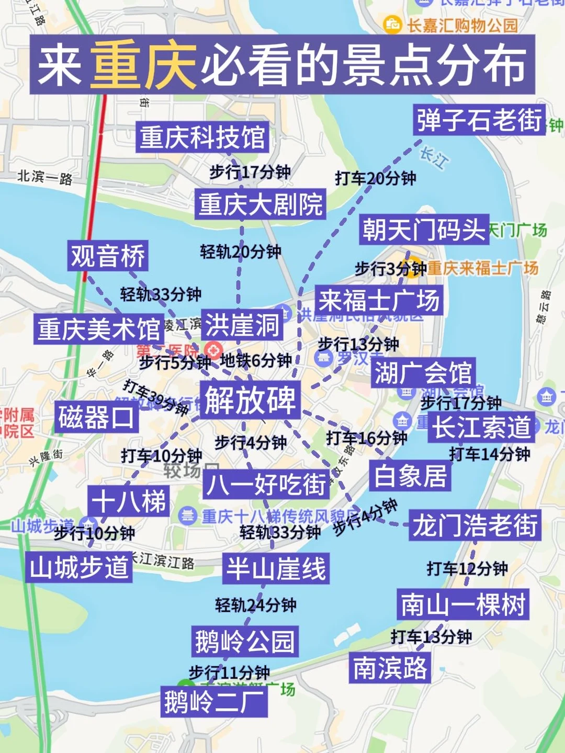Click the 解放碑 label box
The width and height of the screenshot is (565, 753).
click(250, 400)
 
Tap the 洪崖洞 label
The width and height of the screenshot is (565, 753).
click(242, 325)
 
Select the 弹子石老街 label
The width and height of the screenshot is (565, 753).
click(479, 120)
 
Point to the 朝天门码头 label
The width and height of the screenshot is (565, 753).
click(424, 230)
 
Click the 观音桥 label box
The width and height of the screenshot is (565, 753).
click(108, 256)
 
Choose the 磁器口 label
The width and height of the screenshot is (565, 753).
click(96, 417)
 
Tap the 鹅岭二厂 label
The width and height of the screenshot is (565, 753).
click(214, 701)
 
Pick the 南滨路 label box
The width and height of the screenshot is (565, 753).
click(390, 668)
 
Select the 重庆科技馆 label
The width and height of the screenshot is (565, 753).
click(202, 138)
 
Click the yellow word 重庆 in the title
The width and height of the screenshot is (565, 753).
click(143, 65)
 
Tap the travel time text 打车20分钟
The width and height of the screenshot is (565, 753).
click(375, 178)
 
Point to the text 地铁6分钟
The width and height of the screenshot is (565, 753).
click(256, 360)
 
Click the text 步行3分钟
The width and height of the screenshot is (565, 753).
click(390, 269)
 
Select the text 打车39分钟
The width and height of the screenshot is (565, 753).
click(155, 397)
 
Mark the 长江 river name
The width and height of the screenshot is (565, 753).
click(434, 157)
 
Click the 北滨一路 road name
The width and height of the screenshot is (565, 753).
click(45, 177)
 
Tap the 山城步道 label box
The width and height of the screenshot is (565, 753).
click(79, 567)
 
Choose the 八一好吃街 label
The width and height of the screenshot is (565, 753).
click(266, 484)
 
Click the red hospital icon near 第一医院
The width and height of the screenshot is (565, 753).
click(213, 349)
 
